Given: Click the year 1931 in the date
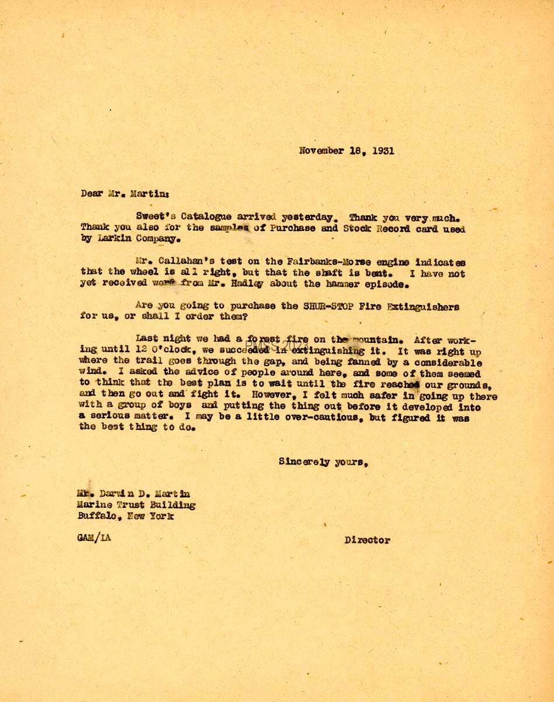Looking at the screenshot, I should (x=381, y=150).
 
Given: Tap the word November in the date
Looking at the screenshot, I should (x=321, y=150).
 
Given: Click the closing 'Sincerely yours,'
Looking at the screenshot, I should (x=323, y=462).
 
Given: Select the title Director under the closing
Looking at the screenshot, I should (x=367, y=541).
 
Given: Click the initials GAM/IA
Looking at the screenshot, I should (x=93, y=538).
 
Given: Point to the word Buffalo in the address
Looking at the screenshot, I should (x=98, y=516).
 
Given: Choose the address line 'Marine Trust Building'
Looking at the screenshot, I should (x=136, y=505).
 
